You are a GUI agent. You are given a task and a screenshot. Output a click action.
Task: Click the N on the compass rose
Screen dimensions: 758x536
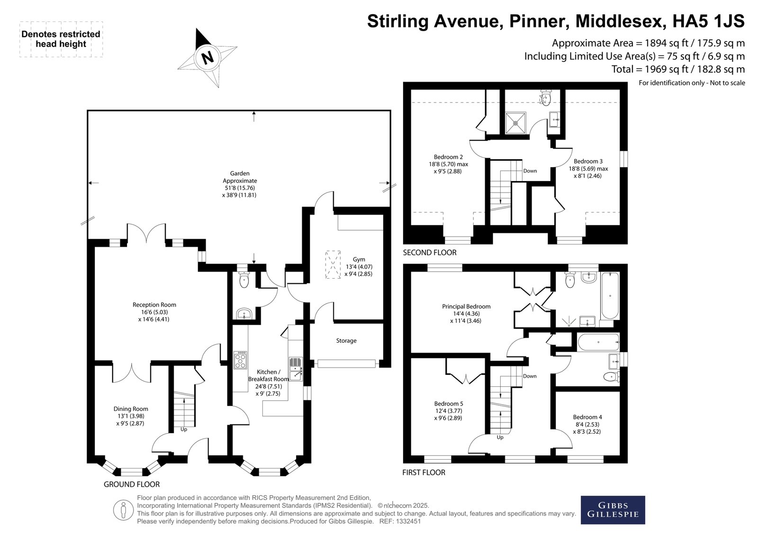[x=208, y=57]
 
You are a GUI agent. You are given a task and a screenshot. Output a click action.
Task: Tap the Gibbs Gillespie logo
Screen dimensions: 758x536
[x=613, y=510]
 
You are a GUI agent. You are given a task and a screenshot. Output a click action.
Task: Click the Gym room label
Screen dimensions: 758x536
[x=359, y=266]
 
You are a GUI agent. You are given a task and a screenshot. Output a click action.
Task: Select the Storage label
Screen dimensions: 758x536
[x=346, y=341]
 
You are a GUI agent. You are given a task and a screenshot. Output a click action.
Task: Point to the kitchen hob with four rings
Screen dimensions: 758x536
[x=240, y=360]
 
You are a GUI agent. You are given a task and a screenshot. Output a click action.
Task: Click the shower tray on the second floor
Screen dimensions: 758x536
[x=516, y=123]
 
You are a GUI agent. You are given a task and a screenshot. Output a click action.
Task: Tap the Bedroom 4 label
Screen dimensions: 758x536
[x=587, y=424]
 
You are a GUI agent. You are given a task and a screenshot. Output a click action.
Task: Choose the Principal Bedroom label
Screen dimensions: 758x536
[x=466, y=314]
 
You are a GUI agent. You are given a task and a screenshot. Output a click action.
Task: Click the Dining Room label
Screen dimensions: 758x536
[x=131, y=416]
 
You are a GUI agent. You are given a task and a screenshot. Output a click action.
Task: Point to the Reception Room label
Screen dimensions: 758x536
[x=154, y=312]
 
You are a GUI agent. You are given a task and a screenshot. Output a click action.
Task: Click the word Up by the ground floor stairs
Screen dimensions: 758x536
[x=184, y=429]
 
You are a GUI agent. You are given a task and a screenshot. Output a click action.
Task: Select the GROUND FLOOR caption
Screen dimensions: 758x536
[x=132, y=484]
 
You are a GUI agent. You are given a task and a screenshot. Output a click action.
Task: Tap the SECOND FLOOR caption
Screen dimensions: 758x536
[x=429, y=252]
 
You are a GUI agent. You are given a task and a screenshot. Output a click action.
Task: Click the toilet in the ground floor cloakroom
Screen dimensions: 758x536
[x=244, y=279]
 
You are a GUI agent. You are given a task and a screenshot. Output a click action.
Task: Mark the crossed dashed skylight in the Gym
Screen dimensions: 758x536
[x=333, y=264]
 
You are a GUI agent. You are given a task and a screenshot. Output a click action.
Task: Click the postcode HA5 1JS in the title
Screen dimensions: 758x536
[x=708, y=21]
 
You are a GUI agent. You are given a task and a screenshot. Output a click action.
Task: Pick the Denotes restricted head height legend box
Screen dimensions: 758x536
[x=61, y=39]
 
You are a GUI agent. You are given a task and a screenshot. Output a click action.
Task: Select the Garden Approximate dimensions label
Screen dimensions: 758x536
[x=240, y=184]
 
